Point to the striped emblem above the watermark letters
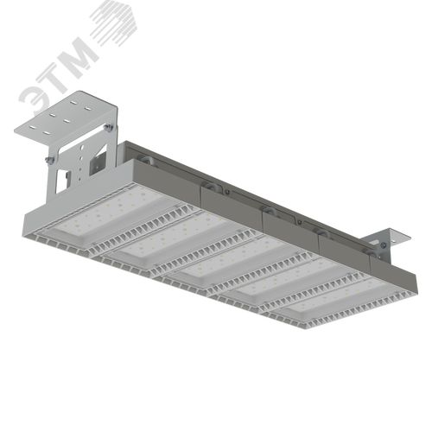(114, 23)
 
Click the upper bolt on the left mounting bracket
(109, 128)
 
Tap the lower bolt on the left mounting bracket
(51, 162)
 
